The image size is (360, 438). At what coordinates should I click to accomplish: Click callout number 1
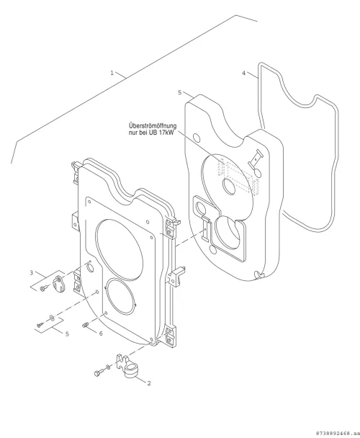point(112,73)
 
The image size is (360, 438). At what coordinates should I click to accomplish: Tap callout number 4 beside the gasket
point(243,73)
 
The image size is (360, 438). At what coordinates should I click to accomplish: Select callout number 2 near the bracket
point(149,383)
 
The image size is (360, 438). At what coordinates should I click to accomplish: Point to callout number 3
point(32,272)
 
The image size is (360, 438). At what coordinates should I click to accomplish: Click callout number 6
point(101,334)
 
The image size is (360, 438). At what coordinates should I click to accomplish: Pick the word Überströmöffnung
point(153,126)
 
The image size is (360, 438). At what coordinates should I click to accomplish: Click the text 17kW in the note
point(166,133)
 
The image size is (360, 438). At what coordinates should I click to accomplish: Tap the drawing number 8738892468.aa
point(336,433)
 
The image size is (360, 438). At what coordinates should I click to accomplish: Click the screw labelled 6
point(86,325)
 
